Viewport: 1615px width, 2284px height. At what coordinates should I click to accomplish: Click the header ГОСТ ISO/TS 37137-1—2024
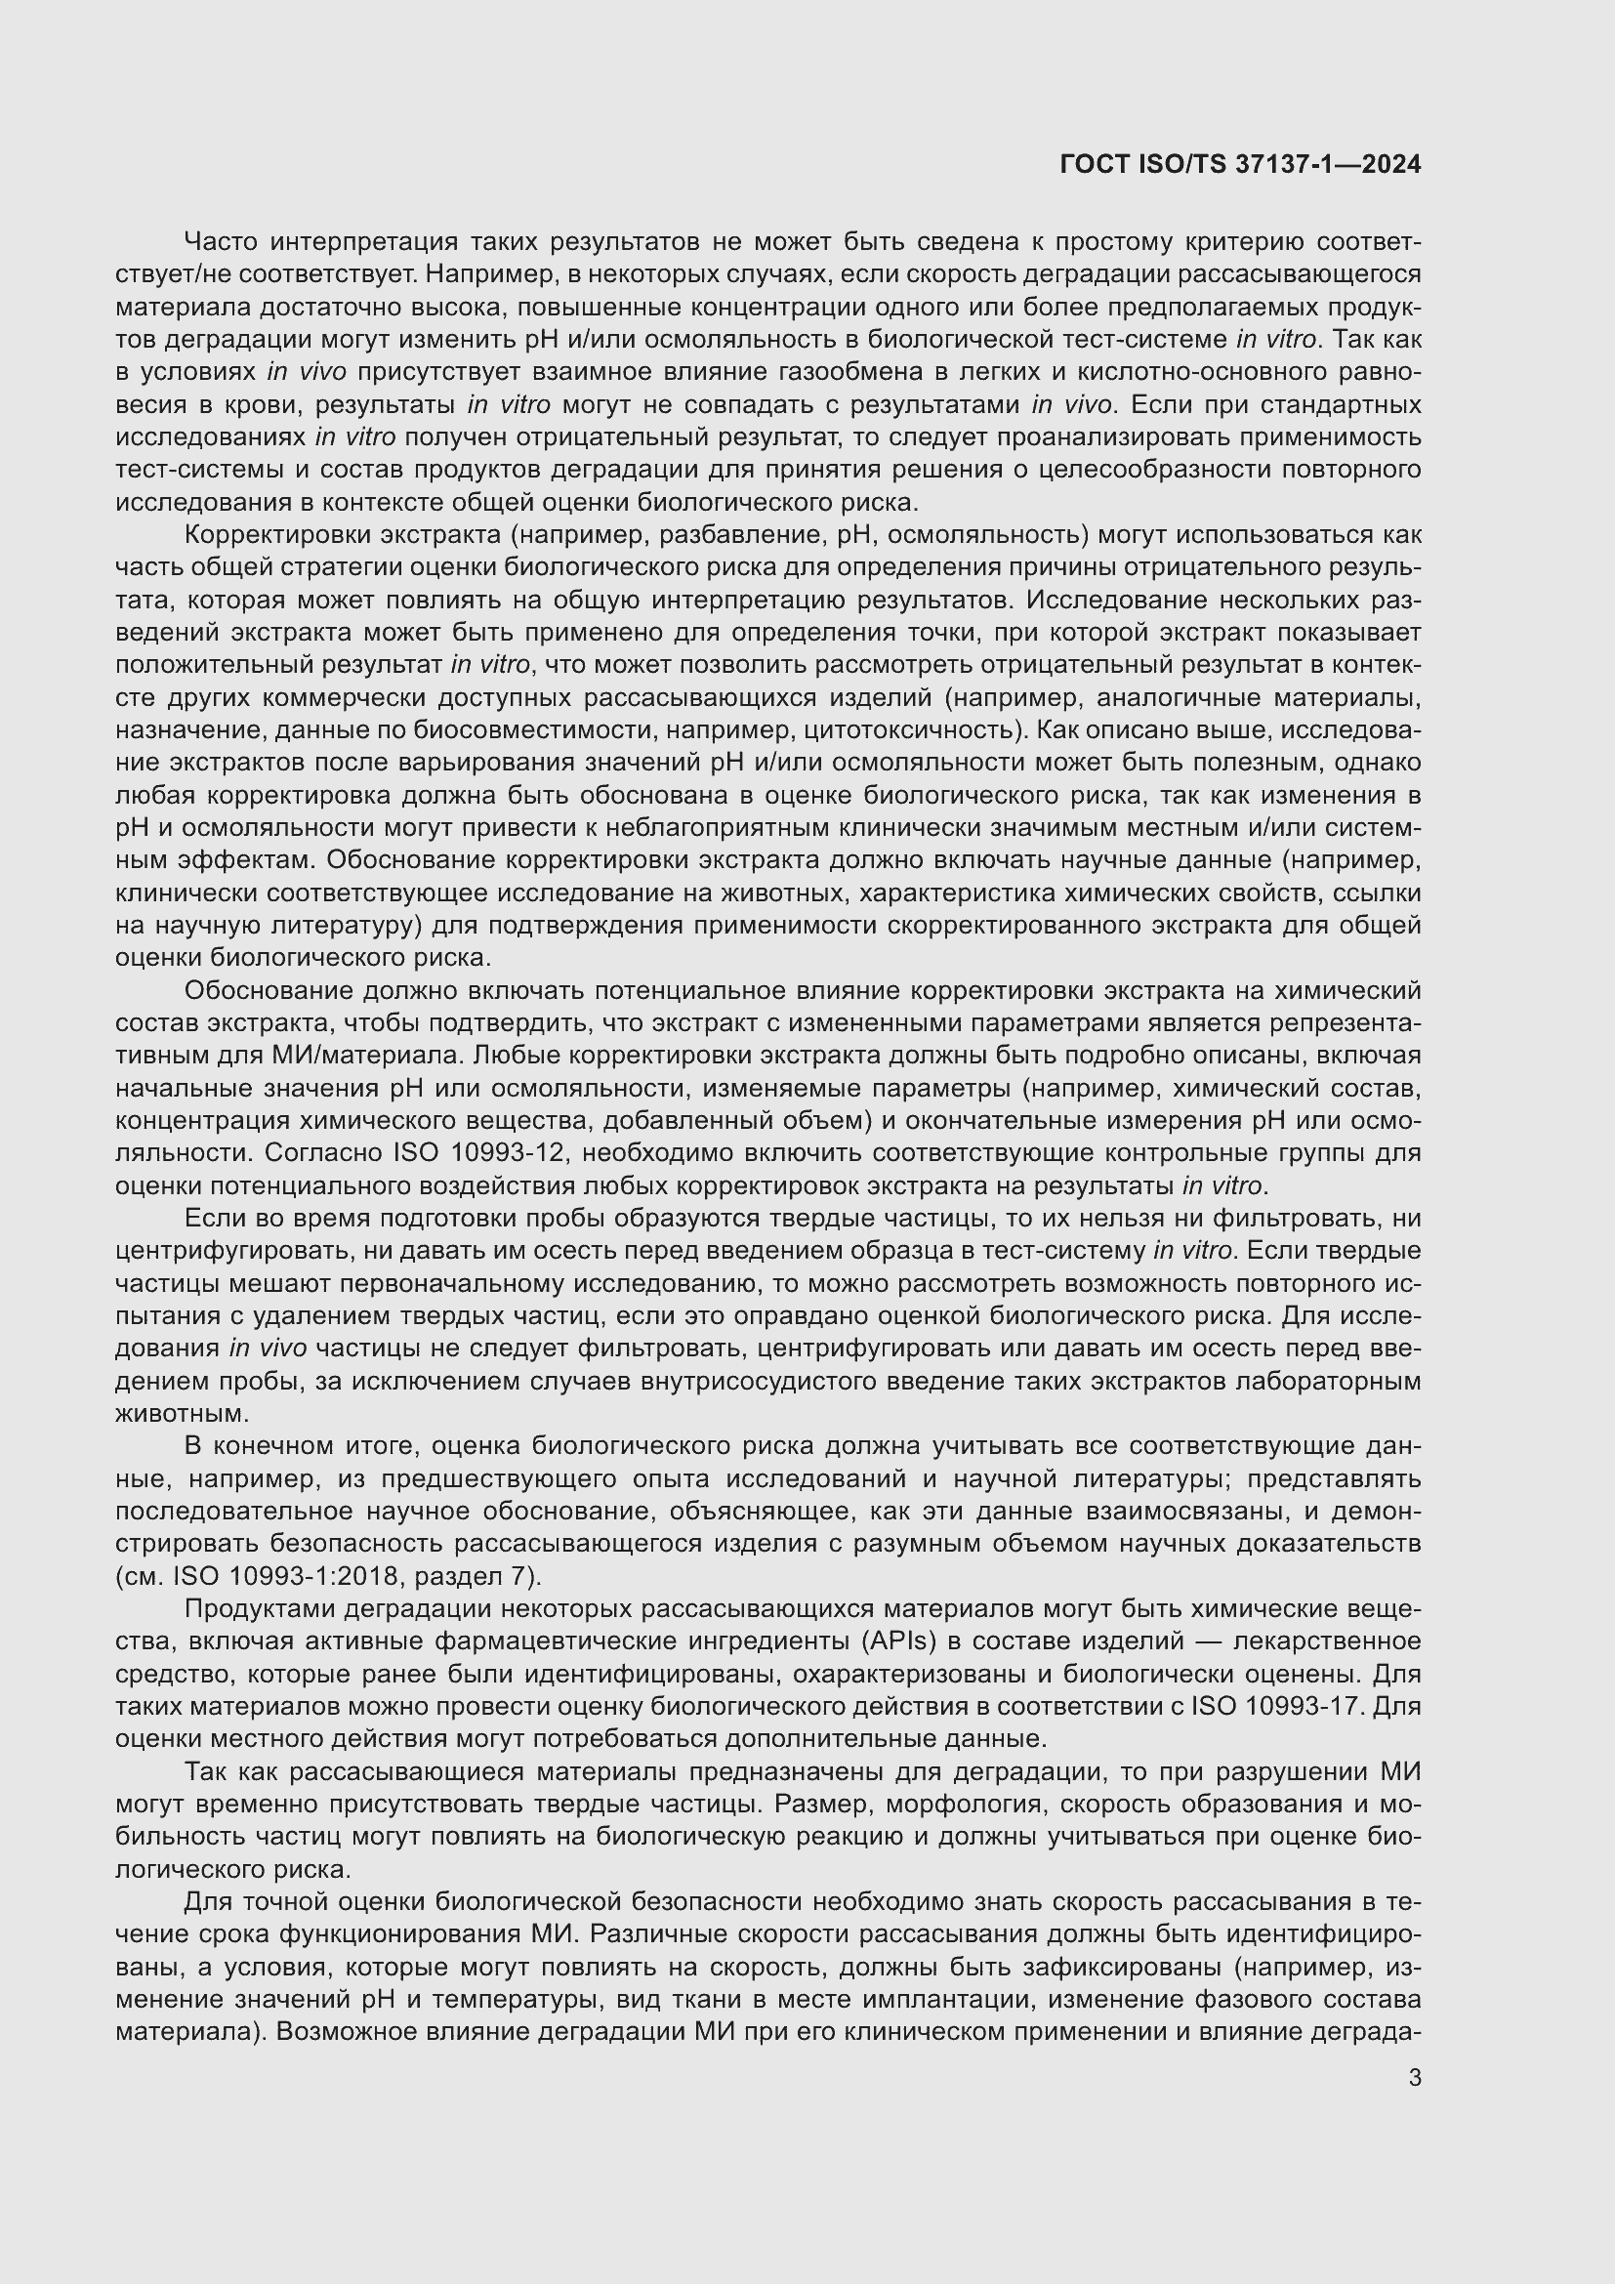click(1240, 165)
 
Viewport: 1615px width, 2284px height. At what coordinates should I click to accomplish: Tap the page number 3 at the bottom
click(1414, 2078)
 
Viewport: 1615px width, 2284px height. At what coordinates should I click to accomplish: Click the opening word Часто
click(221, 242)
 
